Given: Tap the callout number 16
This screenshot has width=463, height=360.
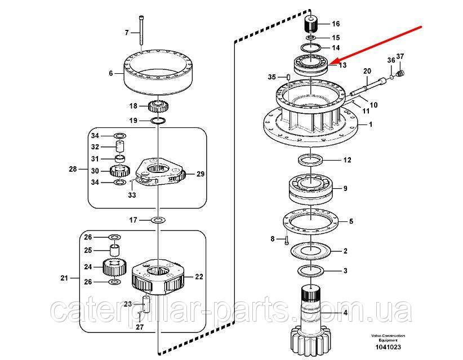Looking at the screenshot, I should tap(336, 24).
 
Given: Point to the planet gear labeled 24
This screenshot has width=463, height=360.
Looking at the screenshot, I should tap(114, 266).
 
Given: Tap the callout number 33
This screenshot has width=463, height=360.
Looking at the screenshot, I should tap(131, 195).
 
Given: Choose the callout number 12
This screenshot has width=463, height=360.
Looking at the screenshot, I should tap(347, 160).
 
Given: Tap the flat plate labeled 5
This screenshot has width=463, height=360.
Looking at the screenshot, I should tap(311, 222).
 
